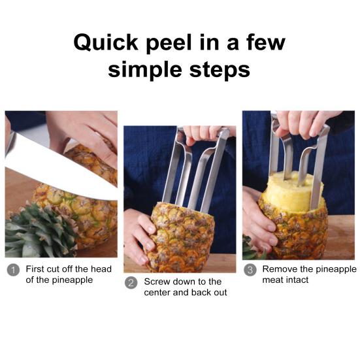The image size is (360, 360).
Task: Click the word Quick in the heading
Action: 106,42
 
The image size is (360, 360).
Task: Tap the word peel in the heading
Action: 169,44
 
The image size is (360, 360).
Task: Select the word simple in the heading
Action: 145,71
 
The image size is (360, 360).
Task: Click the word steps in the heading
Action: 220,71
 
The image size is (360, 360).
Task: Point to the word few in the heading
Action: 266,42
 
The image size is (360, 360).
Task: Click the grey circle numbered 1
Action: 13,270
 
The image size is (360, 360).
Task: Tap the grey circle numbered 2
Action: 131,283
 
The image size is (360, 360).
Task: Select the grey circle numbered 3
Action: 250,270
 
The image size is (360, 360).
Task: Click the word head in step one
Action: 101,269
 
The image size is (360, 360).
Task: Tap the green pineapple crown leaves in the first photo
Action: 39,232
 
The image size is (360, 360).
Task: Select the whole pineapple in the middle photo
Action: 182,237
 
